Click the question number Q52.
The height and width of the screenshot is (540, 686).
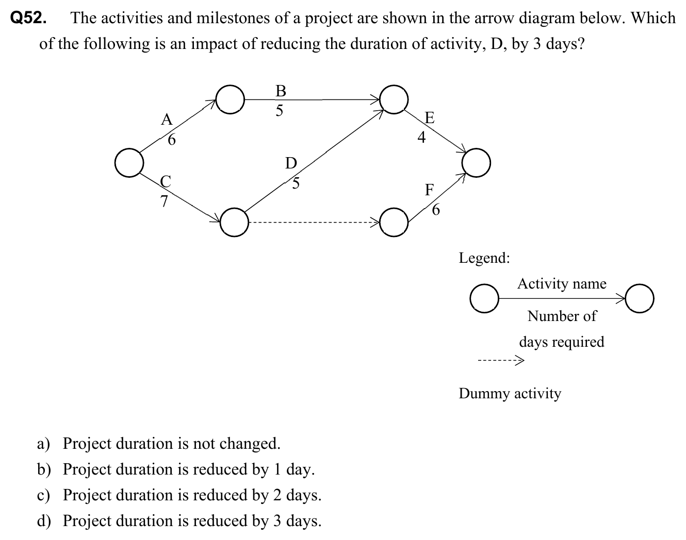29,19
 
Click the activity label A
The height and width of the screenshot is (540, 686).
166,120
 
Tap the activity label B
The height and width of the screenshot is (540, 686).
281,91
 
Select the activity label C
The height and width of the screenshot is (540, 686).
166,181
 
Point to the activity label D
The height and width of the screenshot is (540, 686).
291,163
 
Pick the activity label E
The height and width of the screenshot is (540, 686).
429,117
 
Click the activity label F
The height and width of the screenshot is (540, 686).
429,190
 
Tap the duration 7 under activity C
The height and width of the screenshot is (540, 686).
164,201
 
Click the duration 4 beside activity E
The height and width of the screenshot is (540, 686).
421,138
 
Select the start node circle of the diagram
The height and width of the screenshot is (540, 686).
128,162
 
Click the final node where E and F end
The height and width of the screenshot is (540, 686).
476,163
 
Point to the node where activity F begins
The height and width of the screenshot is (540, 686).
395,222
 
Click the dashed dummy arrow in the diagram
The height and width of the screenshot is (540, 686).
315,223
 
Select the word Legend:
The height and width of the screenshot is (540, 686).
484,257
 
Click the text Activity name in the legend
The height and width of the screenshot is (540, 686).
562,283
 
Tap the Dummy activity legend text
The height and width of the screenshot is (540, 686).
510,393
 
